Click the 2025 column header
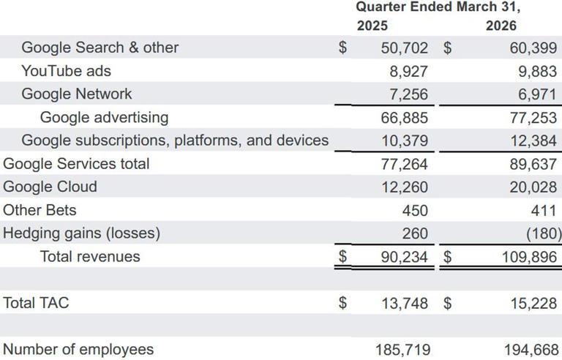coord(372,26)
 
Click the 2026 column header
coord(501,26)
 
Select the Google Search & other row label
coord(100,48)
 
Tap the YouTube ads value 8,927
coord(405,71)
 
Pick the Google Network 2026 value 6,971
coord(533,94)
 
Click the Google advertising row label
coord(104,117)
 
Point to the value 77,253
coord(533,117)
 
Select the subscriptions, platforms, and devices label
coord(175,140)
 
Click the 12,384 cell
coord(533,140)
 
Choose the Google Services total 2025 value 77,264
coord(405,163)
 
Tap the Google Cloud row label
coord(50,187)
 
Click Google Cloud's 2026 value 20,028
coord(533,187)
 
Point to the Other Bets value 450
coord(415,210)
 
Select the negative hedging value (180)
coord(542,233)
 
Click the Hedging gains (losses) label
coord(81,233)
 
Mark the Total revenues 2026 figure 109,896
coord(528,257)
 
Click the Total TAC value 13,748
coord(405,303)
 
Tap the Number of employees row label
coord(78,349)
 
